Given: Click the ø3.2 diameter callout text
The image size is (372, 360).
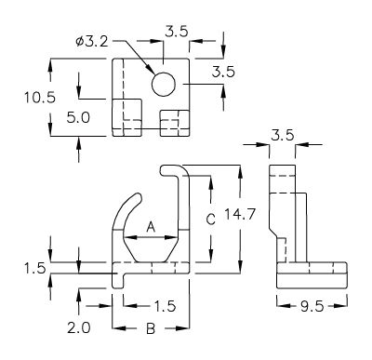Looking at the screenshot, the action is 92,42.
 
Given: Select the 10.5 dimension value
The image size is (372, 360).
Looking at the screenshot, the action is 40,98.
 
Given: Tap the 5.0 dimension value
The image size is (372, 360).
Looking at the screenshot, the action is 78,117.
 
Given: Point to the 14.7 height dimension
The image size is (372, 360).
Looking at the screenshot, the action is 240,214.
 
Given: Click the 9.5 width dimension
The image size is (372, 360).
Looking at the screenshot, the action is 312,306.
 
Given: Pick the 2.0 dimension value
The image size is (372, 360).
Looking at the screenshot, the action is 79,327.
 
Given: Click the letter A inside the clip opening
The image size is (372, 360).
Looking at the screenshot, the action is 151,227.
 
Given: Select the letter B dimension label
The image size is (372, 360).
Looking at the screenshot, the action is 151,328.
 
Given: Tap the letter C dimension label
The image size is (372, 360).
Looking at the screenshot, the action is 211,220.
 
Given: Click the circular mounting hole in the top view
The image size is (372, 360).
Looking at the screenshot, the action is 164,85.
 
